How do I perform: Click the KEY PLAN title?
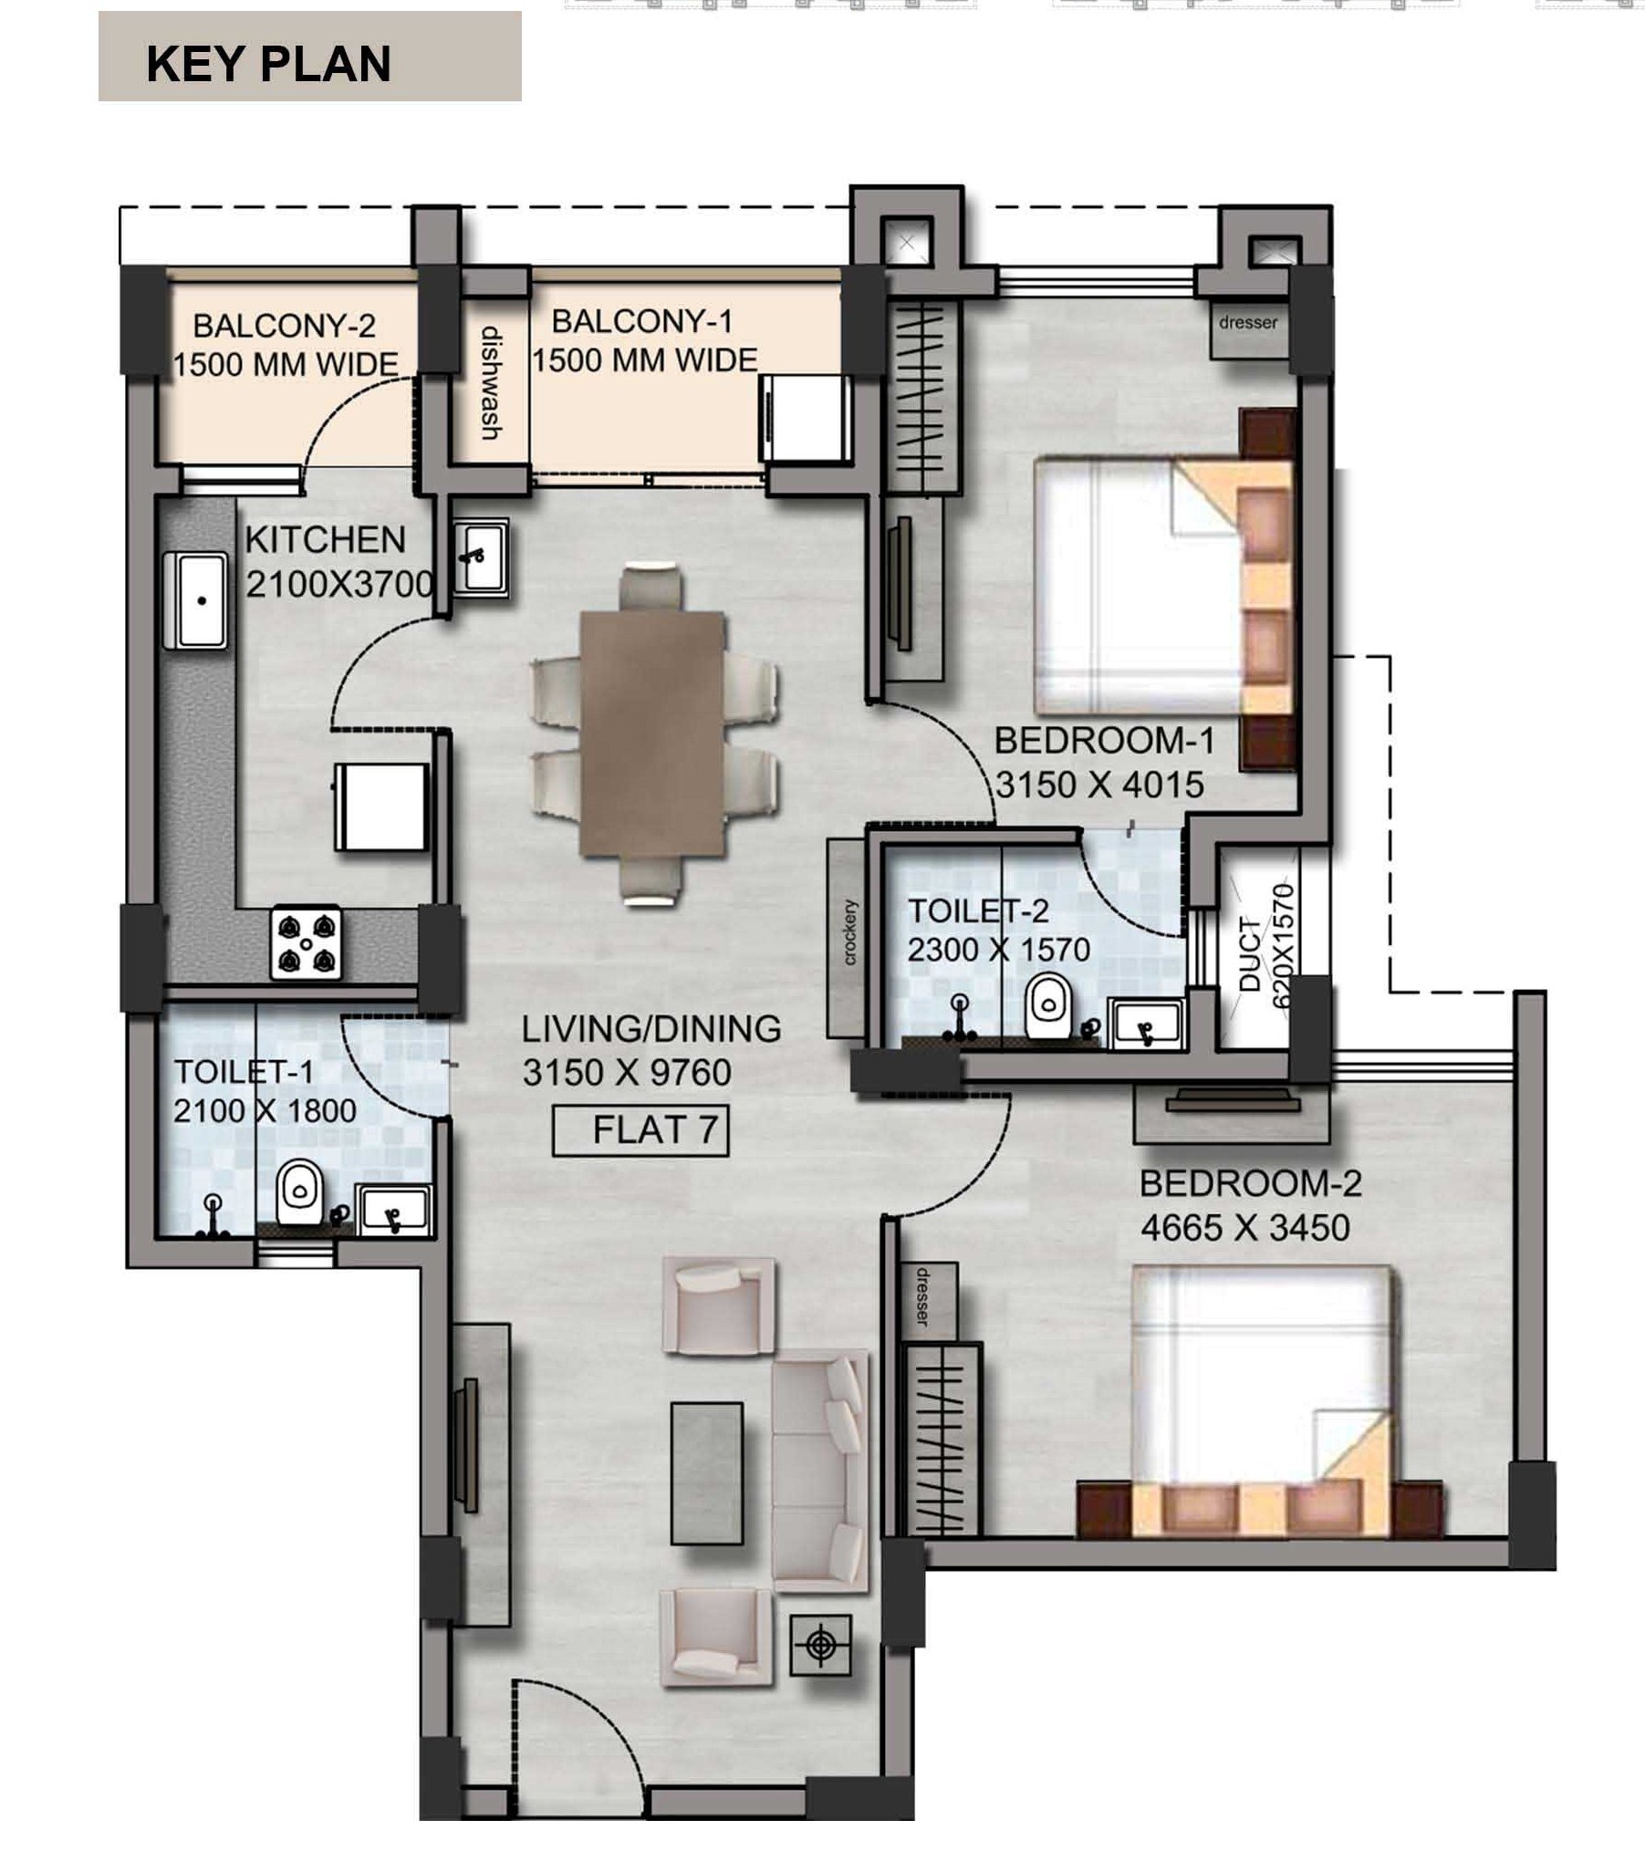coord(268,64)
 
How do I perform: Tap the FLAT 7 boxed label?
coord(641,1130)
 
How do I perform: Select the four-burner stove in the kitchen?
coord(306,943)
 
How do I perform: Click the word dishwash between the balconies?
coord(491,383)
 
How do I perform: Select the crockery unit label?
coord(849,932)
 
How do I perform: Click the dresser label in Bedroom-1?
coord(1247,322)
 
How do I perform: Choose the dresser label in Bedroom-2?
coord(922,1296)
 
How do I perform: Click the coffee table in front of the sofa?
coord(706,1473)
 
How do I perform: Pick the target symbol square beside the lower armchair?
coord(820,1644)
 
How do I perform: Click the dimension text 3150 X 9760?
coord(627,1073)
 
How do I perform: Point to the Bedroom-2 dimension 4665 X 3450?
coord(1244,1228)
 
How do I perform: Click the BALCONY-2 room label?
coord(285,326)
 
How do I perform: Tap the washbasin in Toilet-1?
coord(393,1212)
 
